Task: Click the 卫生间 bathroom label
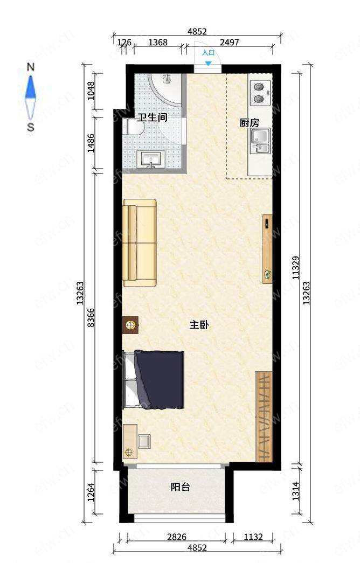pyautogui.click(x=153, y=117)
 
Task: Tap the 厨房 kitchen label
pyautogui.click(x=250, y=123)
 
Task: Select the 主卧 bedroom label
pyautogui.click(x=199, y=325)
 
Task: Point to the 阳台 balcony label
pyautogui.click(x=181, y=487)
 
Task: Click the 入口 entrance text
pyautogui.click(x=208, y=53)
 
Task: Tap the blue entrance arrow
pyautogui.click(x=209, y=64)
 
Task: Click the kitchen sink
pyautogui.click(x=261, y=141)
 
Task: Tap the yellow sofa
pyautogui.click(x=140, y=243)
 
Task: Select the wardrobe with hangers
pyautogui.click(x=264, y=416)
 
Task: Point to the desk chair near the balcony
pyautogui.click(x=144, y=441)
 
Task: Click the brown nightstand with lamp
pyautogui.click(x=130, y=325)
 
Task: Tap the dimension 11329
pyautogui.click(x=295, y=268)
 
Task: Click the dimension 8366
pyautogui.click(x=91, y=317)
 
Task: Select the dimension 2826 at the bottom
pyautogui.click(x=177, y=537)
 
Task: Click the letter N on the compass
pyautogui.click(x=31, y=67)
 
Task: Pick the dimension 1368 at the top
pyautogui.click(x=158, y=43)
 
